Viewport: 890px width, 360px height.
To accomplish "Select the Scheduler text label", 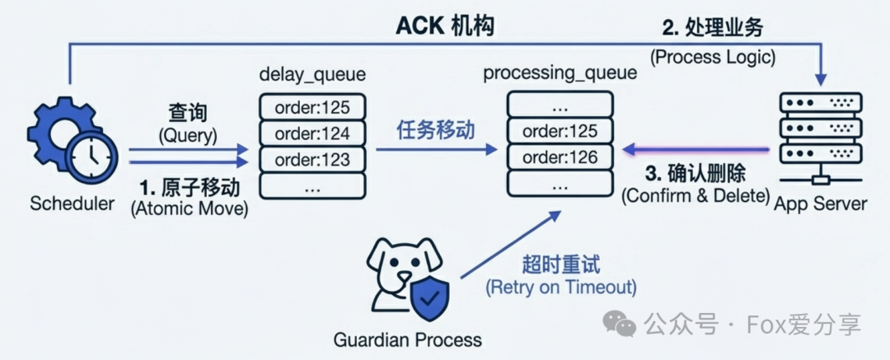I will (x=72, y=203).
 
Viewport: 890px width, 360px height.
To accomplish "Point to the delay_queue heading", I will (x=312, y=76).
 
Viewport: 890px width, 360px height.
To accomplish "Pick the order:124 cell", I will (x=312, y=133).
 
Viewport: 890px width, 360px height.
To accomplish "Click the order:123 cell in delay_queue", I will (x=312, y=159).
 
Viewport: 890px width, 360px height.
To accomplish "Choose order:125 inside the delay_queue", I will (x=312, y=106).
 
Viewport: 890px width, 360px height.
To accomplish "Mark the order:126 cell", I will (x=560, y=157).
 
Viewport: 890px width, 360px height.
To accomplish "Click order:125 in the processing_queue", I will (x=560, y=130).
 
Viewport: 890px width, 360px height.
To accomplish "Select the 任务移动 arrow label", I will (x=436, y=129).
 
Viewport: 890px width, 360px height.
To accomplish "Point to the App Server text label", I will (x=821, y=203).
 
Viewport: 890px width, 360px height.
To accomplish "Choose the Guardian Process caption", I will (x=408, y=339).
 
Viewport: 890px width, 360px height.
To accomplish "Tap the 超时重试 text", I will (x=561, y=265).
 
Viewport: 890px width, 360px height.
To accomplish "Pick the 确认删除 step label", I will (x=696, y=175).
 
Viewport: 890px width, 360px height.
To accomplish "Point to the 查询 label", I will (x=188, y=111).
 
